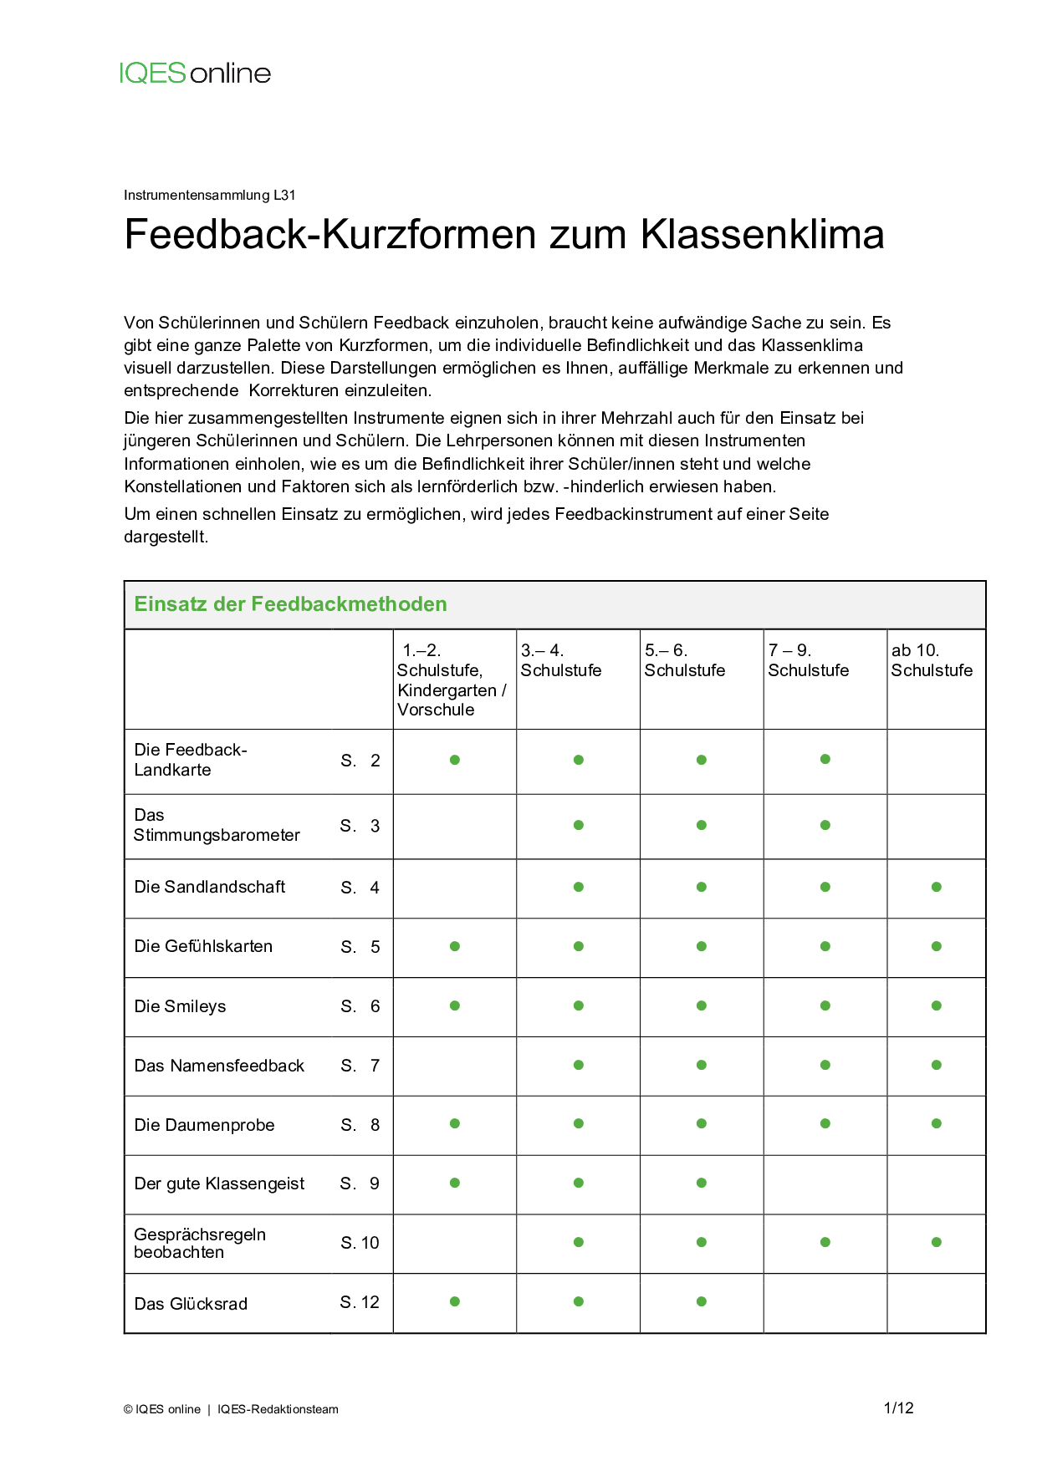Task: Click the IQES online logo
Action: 195,74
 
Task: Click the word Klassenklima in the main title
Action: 762,234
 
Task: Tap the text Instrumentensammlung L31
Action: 209,196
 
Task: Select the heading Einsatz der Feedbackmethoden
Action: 290,604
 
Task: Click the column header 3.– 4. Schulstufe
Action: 560,660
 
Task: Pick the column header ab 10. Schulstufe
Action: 932,660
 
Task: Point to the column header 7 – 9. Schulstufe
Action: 808,660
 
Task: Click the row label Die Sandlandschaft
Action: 210,887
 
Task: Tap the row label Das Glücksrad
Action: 191,1304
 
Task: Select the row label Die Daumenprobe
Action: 204,1125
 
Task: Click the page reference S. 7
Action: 360,1066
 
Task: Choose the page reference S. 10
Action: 360,1243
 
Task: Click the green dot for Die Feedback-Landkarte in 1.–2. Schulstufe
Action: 455,760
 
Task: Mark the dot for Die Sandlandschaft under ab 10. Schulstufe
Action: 937,887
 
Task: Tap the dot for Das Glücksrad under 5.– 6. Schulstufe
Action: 702,1301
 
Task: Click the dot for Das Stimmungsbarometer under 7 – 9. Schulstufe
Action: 825,825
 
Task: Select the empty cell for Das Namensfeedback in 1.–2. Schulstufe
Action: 455,1066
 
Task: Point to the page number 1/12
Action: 898,1408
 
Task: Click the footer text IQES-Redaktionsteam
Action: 278,1409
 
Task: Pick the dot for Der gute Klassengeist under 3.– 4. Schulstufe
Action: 579,1183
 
